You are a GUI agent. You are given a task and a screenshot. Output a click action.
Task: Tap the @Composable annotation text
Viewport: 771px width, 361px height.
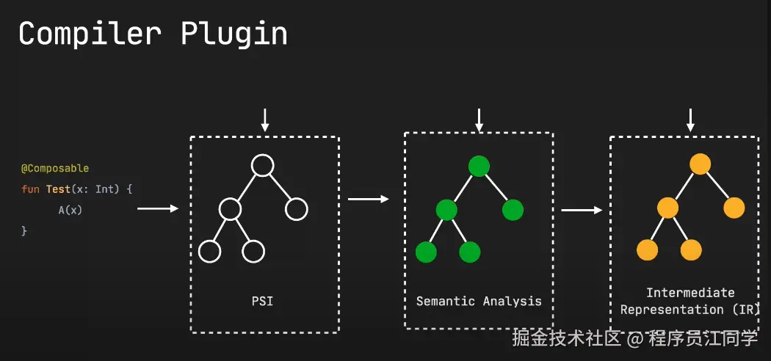(54, 169)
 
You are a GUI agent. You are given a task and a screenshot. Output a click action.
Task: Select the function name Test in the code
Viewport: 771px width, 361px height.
(58, 189)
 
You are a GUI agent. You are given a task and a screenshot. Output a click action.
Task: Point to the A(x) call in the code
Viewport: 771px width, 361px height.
(70, 210)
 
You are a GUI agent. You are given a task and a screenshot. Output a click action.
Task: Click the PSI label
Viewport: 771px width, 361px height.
(262, 300)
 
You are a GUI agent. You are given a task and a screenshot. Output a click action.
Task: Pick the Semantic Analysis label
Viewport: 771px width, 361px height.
(479, 301)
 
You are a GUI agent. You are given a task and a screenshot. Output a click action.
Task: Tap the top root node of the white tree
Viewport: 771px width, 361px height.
(262, 167)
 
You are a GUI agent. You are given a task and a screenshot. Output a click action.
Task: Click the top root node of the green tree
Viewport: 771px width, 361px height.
(479, 167)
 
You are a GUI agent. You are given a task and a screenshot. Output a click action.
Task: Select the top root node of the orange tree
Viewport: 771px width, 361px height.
(700, 164)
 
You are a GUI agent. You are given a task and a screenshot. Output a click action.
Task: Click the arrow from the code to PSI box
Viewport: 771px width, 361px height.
(158, 209)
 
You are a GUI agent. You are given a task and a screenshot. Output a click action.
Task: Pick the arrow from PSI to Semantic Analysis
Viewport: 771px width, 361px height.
(368, 199)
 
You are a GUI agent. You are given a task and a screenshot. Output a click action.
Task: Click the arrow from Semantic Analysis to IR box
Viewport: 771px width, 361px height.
(582, 211)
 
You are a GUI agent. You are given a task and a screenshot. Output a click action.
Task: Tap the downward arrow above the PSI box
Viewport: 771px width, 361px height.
(265, 120)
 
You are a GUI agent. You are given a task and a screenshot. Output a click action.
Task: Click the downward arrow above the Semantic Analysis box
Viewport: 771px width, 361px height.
(479, 119)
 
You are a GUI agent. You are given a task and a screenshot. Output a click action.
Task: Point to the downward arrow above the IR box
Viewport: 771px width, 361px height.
(689, 119)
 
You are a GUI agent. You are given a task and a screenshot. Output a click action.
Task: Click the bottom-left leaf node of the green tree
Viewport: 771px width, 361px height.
(426, 252)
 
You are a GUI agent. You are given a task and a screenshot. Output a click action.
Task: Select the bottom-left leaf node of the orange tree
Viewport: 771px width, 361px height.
(647, 250)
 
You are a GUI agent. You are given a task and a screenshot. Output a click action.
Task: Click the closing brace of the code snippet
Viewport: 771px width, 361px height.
(24, 230)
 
